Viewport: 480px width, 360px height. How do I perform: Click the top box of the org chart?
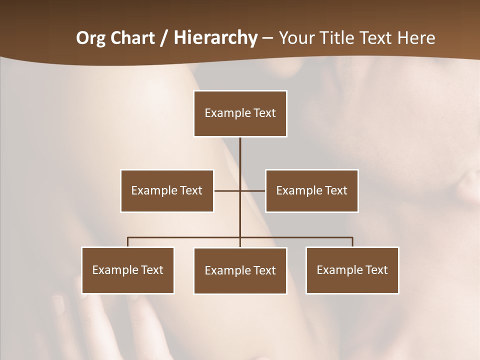coord(240,113)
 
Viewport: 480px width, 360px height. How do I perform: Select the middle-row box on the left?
coord(167,190)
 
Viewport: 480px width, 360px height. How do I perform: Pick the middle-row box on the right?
coord(311,190)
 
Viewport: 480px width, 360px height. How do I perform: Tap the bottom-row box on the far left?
coord(128,270)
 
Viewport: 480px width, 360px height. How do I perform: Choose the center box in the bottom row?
coord(240,270)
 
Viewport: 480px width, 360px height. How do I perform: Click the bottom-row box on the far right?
coord(352,270)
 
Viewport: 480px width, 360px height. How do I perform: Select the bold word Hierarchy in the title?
coord(215,38)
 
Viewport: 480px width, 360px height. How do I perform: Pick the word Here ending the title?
coord(416,38)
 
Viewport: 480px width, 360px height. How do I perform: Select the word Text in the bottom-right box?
coord(376,270)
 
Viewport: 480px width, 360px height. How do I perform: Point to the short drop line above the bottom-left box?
coord(128,242)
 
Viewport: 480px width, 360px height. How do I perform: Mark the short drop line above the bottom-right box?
coord(352,242)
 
